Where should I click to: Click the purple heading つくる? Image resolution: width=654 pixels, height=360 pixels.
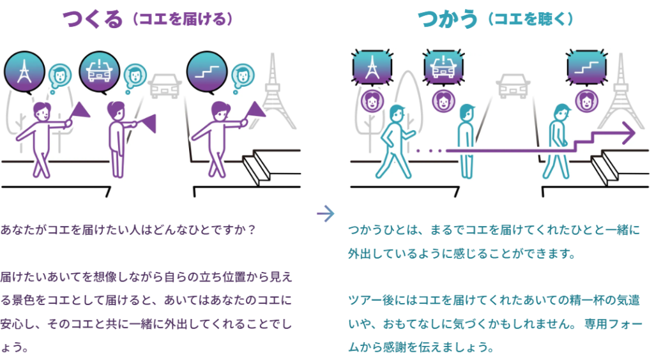[x=93, y=19]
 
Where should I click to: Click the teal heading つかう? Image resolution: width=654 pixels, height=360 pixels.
[x=447, y=19]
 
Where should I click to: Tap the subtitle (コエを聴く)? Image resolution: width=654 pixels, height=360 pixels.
[x=531, y=19]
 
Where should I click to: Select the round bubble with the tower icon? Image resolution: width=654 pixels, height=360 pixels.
[x=25, y=72]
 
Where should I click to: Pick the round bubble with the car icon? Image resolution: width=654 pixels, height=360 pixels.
[x=99, y=72]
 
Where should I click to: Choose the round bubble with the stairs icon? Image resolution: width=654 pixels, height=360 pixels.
[x=207, y=72]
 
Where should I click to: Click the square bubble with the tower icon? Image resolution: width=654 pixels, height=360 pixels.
[x=372, y=68]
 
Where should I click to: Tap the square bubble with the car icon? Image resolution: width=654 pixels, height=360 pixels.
[x=443, y=68]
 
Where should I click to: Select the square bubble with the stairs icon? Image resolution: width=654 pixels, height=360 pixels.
[x=587, y=68]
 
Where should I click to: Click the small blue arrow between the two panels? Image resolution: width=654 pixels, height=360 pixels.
[x=325, y=214]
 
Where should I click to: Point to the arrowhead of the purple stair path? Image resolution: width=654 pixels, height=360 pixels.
[x=628, y=133]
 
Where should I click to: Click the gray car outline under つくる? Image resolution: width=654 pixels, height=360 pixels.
[x=165, y=86]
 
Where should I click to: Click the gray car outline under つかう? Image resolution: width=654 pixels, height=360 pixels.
[x=513, y=86]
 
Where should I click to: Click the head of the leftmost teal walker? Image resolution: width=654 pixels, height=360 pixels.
[x=397, y=114]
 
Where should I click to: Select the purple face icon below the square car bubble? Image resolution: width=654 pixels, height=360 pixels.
[x=443, y=101]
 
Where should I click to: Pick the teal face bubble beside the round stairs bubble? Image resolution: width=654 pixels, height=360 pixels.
[x=243, y=76]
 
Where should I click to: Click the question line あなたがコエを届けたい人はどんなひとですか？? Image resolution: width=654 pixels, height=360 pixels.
[x=128, y=230]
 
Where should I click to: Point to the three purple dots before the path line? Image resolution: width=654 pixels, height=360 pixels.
[x=429, y=151]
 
